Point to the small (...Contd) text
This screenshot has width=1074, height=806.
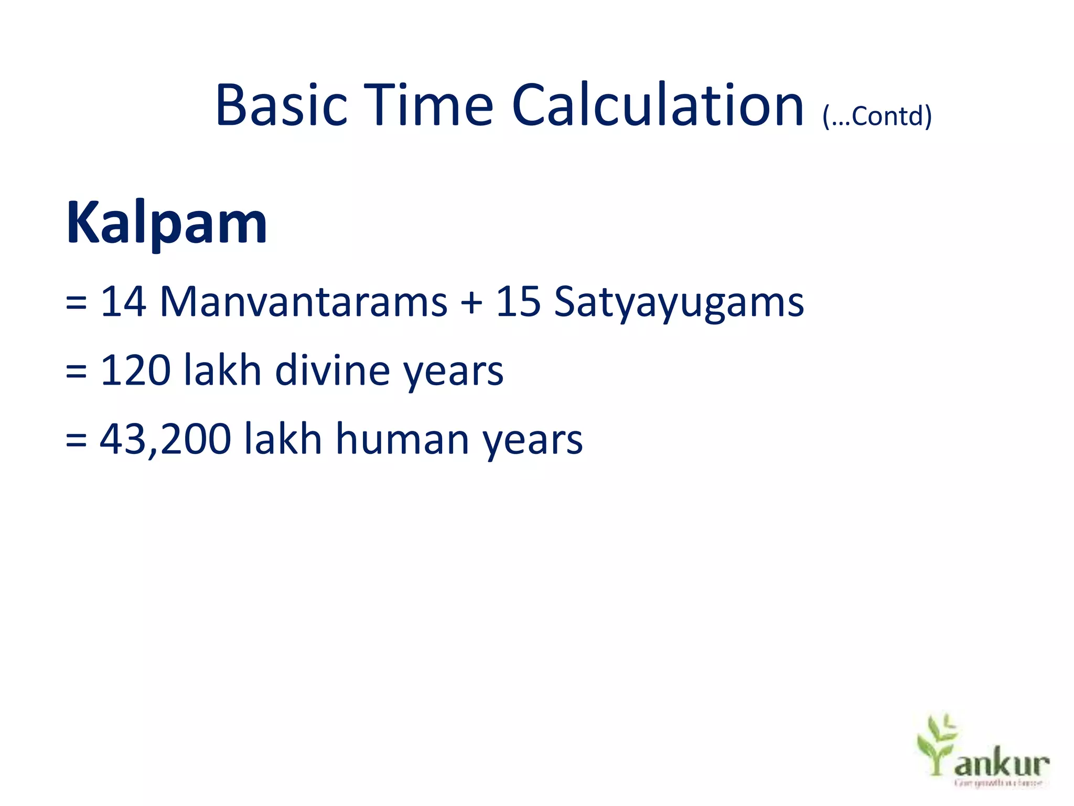(x=877, y=116)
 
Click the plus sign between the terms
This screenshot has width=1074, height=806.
(x=471, y=303)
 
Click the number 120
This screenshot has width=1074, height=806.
(x=135, y=370)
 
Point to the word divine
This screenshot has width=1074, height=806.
(x=332, y=370)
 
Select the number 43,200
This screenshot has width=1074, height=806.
(x=165, y=439)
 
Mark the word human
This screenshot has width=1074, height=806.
(x=402, y=439)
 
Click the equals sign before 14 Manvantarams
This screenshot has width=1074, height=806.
(x=76, y=303)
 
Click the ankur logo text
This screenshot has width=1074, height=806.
(x=1002, y=763)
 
